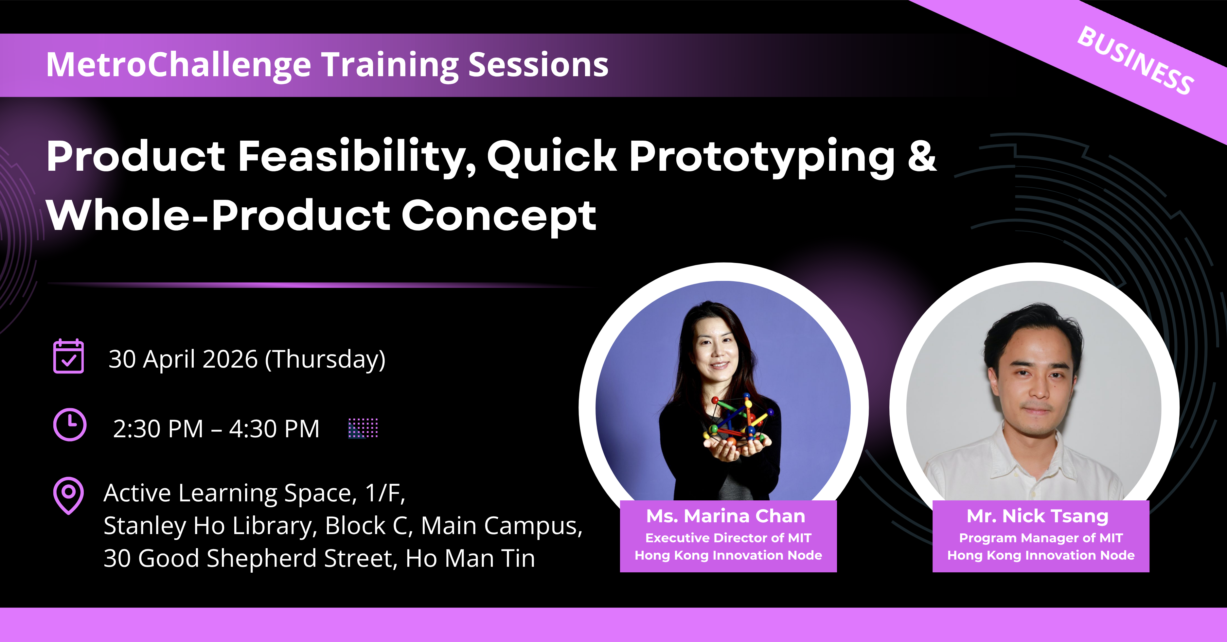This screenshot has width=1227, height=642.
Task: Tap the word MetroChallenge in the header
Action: (179, 66)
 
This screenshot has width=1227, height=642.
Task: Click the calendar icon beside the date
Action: (69, 356)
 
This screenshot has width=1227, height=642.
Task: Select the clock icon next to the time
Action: (70, 425)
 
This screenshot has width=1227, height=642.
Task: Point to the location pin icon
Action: (69, 495)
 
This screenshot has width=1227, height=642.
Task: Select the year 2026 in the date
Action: (230, 359)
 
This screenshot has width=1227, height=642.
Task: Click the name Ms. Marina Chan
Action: (726, 516)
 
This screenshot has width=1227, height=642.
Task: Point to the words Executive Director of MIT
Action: (728, 538)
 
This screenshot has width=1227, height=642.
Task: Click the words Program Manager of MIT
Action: (1041, 538)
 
